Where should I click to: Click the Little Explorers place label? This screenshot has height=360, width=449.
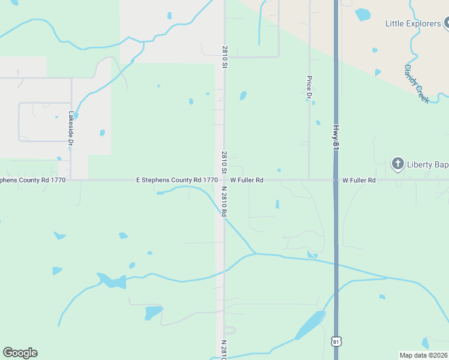413,24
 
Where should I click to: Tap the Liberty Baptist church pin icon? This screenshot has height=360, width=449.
397,163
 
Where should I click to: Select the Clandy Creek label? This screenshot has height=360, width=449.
417,83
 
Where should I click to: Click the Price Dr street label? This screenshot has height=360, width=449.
309,87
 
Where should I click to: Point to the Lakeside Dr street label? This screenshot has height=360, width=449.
71,130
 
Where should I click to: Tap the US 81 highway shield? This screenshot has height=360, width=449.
336,341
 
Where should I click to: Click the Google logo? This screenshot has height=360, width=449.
20,353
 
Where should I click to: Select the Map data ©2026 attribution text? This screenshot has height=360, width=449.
423,355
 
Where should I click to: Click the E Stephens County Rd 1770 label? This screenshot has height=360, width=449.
176,179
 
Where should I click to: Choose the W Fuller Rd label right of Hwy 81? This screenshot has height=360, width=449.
359,180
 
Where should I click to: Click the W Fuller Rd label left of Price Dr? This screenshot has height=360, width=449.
247,179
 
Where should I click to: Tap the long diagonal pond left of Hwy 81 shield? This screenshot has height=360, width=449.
310,325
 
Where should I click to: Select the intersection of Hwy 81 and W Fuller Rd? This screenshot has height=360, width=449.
336,179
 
